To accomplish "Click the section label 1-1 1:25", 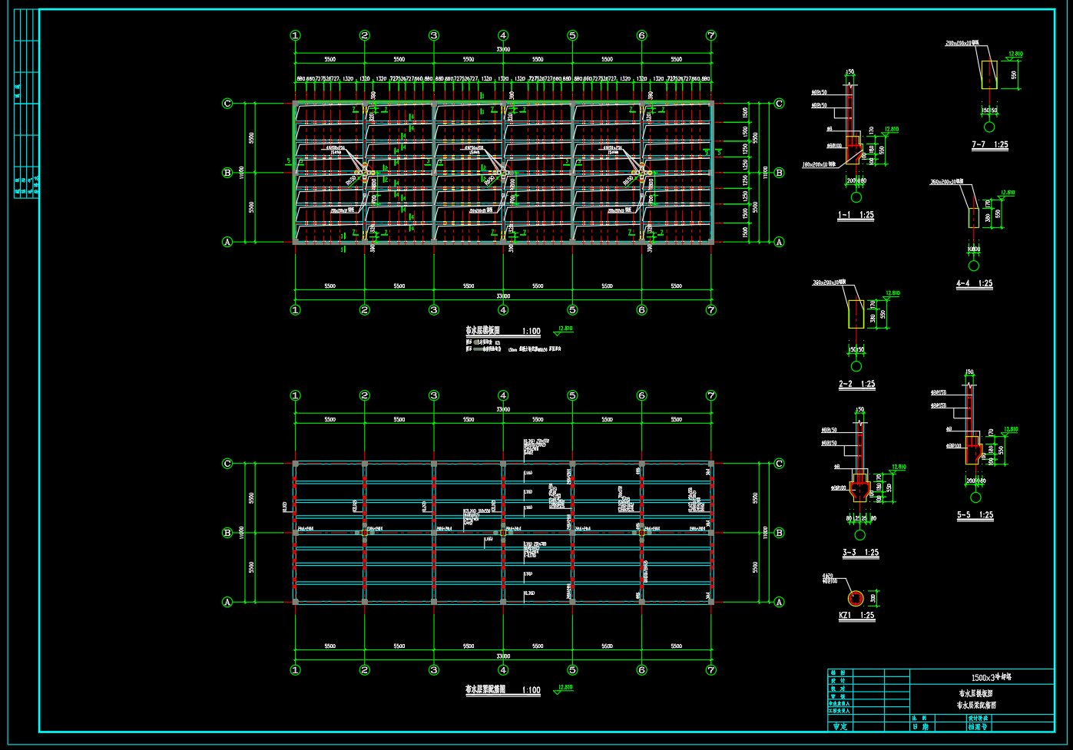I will pos(856,216).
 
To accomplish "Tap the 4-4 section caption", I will pos(974,283).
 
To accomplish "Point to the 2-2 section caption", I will pos(856,384).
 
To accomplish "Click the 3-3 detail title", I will pos(860,552).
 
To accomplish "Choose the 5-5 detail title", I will pos(975,516).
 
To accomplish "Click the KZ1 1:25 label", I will pos(856,615).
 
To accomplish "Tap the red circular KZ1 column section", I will pos(855,598).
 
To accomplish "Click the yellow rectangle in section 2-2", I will pos(856,313).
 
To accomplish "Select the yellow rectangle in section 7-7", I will pos(989,75).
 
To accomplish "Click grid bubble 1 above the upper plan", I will pos(295,35).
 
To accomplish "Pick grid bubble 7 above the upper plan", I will pos(711,35).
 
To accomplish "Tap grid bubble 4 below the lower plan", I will pos(503,670).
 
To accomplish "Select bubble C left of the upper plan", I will pos(227,104).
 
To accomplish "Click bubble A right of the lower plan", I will pos(780,602).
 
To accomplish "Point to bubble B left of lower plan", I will pos(227,533).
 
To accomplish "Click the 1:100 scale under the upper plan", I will pos(531,332).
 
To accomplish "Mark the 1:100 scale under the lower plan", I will pos(531,690).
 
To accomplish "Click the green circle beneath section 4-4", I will pos(974,266).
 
